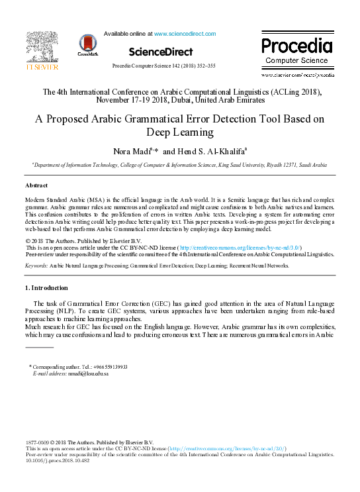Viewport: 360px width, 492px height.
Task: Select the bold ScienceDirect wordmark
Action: (x=161, y=52)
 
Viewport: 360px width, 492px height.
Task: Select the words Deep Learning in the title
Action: (x=180, y=134)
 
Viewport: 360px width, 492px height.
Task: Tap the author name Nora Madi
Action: (x=134, y=152)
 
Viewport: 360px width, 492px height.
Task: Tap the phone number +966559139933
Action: (x=110, y=366)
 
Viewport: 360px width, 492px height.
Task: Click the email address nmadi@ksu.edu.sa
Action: (x=85, y=373)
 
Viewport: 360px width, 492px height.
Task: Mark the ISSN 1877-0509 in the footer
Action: (x=40, y=442)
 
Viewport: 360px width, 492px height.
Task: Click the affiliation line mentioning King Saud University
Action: (x=179, y=164)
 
